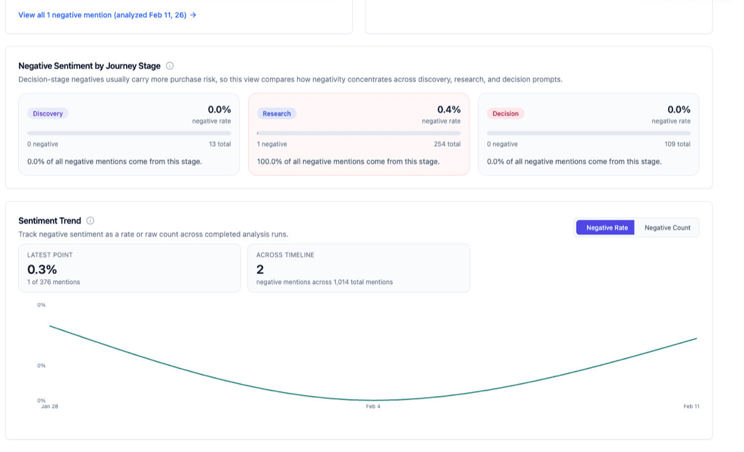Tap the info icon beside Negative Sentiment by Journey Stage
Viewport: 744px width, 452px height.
[170, 66]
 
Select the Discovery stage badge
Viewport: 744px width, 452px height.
[48, 114]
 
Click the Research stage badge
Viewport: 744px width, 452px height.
[277, 114]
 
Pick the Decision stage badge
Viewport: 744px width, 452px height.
[505, 114]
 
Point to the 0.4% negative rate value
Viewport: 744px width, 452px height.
[449, 110]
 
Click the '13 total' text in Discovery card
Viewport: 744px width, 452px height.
[220, 144]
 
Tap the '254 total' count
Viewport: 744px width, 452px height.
[447, 144]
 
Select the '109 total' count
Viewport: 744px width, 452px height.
[677, 144]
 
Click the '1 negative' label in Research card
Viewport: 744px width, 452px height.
[272, 144]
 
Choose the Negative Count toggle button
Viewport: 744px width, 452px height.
[667, 228]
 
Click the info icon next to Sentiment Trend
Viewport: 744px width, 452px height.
[90, 221]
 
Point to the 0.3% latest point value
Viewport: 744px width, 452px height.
[42, 269]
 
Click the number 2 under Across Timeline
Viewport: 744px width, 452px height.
[260, 269]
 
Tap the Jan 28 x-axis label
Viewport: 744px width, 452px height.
[50, 407]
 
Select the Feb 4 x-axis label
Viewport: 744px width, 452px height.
[373, 407]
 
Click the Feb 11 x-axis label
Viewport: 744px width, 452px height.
[691, 407]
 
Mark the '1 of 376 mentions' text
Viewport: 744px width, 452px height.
[53, 282]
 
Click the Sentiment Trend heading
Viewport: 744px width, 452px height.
[50, 221]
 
